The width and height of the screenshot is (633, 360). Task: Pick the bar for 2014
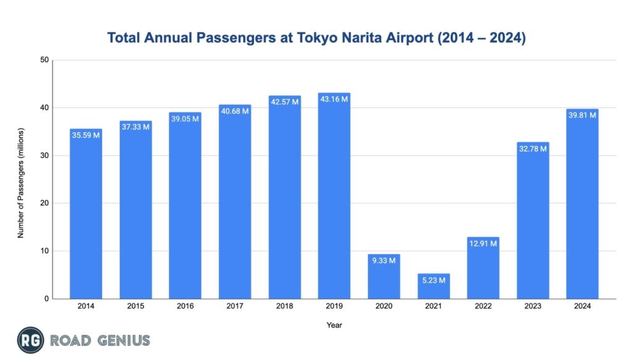86,216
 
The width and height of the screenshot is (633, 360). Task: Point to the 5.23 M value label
433,280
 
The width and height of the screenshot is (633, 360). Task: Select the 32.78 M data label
533,148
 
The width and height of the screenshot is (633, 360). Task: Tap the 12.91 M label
483,243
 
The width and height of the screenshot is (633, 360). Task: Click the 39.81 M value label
582,115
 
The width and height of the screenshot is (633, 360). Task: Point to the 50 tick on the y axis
45,60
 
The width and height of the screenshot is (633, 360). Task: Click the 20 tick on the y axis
45,203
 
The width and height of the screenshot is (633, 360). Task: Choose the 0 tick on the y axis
46,299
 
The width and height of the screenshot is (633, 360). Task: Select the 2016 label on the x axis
185,306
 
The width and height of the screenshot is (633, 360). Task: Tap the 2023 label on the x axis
533,306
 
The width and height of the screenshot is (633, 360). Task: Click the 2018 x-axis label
284,306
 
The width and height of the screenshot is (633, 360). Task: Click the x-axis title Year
334,325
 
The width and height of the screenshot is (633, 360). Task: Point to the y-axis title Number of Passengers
22,179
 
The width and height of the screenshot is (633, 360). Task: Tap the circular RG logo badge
30,340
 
